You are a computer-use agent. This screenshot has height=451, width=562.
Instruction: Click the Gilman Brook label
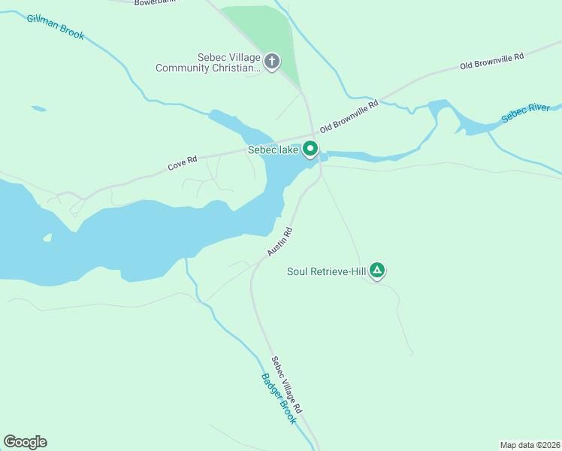point(56,27)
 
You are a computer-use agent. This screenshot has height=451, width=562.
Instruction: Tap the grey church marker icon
point(272,62)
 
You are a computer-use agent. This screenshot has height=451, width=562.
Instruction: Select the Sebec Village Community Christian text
point(207,63)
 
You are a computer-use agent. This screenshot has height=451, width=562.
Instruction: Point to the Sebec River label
point(526,114)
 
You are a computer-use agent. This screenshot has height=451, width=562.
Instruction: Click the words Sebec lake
point(273,150)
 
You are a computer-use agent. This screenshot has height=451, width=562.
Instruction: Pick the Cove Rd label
point(182,162)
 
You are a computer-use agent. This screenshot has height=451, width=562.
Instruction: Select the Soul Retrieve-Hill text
point(326,271)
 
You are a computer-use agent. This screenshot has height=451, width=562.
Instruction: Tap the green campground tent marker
point(377,270)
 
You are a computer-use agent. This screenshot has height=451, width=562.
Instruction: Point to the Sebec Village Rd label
point(286,385)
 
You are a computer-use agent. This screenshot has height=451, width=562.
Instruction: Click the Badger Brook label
point(279,398)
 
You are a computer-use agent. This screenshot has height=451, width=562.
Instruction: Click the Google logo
point(25,442)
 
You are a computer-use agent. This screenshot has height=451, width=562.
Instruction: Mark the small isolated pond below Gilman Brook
point(38,108)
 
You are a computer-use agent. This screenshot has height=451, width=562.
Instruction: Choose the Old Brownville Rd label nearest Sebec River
point(491,62)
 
